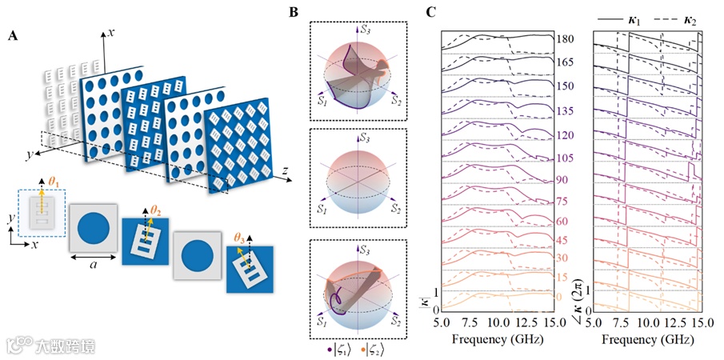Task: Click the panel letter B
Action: click(x=294, y=12)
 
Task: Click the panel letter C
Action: click(x=431, y=12)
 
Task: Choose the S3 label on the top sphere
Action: click(x=366, y=30)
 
